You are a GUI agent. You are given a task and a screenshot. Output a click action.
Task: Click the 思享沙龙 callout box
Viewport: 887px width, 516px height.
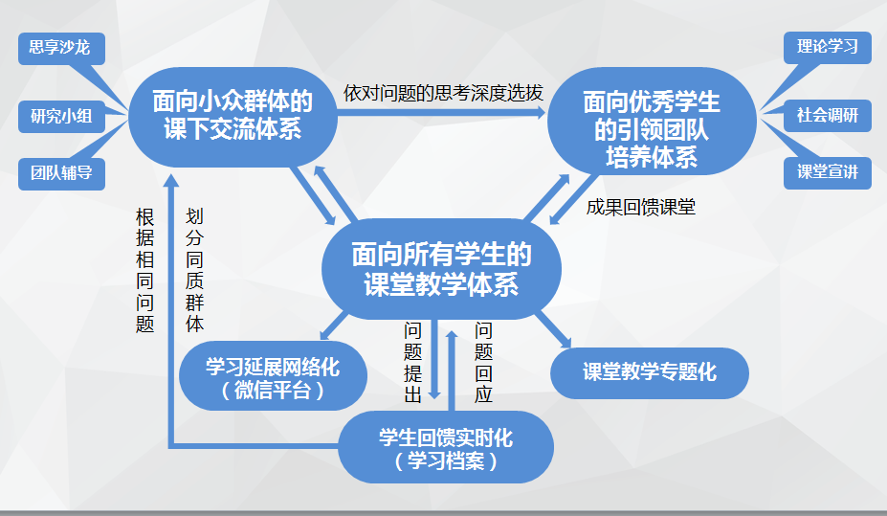point(61,48)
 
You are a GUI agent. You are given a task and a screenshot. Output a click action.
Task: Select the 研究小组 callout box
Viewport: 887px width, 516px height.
point(61,117)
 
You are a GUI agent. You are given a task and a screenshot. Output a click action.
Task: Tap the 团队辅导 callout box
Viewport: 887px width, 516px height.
point(61,173)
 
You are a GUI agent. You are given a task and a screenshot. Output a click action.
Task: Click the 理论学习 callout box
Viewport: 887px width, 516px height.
point(827,48)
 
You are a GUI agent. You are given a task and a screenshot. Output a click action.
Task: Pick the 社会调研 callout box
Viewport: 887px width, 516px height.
point(827,116)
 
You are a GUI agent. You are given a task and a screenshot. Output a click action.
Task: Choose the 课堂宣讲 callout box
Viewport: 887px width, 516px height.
point(827,172)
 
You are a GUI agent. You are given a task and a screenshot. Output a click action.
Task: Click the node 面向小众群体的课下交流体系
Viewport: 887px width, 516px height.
point(233,117)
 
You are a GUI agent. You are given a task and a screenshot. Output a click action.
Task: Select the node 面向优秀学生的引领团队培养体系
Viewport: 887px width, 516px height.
point(652,121)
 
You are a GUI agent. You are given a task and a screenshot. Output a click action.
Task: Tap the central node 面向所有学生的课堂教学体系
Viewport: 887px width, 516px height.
point(441,269)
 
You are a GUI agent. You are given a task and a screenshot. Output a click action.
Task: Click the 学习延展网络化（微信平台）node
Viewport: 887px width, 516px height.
point(274,375)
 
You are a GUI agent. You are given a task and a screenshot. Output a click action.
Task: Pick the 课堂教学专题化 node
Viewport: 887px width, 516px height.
point(650,372)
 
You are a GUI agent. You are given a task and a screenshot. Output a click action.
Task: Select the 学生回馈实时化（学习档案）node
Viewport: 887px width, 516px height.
point(446,447)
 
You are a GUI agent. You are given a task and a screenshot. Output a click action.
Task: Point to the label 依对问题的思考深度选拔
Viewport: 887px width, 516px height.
point(443,94)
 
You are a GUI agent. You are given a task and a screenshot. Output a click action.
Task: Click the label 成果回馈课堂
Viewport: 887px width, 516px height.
point(640,208)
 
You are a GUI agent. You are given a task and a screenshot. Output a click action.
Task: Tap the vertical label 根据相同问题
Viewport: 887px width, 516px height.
point(144,271)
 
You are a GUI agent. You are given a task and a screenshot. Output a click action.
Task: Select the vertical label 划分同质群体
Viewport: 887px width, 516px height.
point(194,270)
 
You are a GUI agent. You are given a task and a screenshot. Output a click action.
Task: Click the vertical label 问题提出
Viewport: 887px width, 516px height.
point(413,362)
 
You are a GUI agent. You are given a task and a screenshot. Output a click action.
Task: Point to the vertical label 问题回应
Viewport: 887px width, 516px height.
point(483,362)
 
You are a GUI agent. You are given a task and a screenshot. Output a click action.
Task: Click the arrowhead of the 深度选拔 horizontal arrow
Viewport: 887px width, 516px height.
point(540,113)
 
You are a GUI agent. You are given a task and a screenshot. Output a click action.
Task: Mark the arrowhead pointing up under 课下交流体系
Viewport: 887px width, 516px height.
point(171,181)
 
